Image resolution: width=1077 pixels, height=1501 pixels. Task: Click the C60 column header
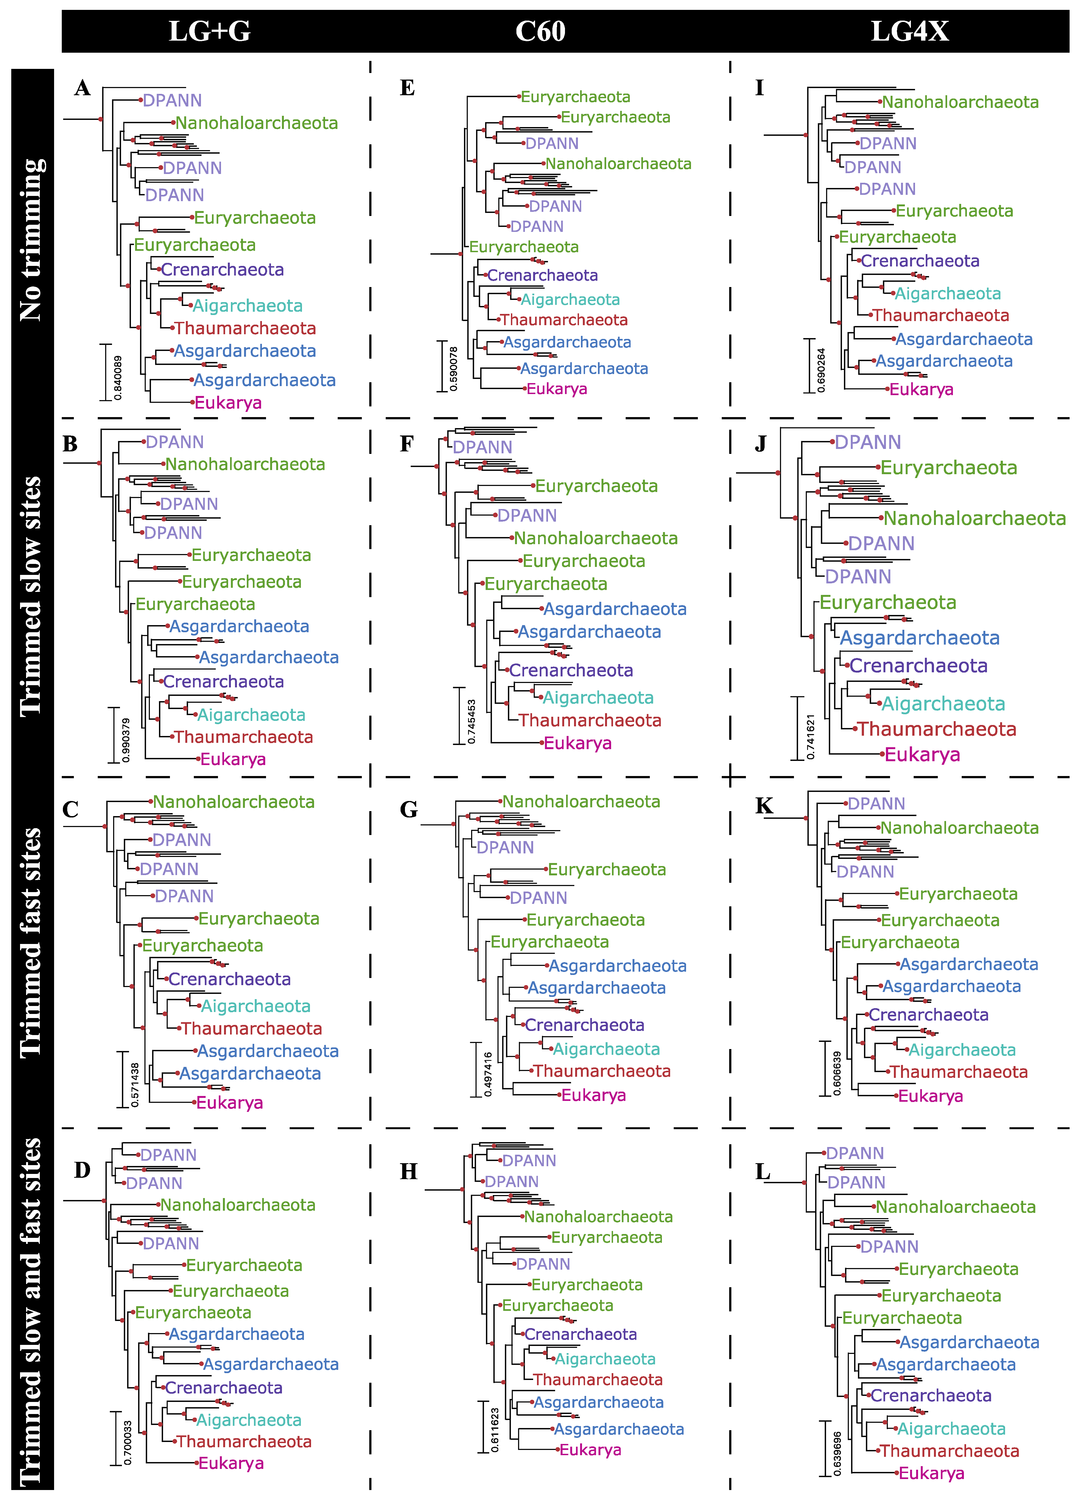click(540, 31)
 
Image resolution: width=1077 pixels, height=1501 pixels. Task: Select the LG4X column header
click(910, 31)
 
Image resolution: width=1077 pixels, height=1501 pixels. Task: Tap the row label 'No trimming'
click(32, 240)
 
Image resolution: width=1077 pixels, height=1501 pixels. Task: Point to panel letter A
click(82, 88)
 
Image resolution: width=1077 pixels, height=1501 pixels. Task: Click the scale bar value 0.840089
click(118, 377)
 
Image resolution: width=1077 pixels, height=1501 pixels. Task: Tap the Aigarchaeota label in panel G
click(606, 1049)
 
